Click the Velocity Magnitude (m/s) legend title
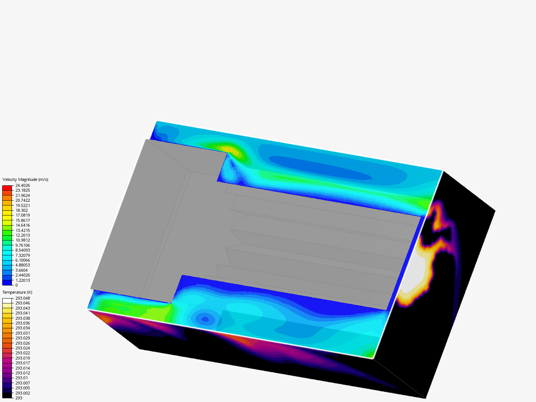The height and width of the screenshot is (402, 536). click(x=25, y=179)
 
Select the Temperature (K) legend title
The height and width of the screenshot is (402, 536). click(x=17, y=292)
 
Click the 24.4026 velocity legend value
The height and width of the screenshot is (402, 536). click(x=22, y=185)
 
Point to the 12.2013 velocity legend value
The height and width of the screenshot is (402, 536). click(x=22, y=235)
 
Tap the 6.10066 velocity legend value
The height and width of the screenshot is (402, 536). click(x=22, y=260)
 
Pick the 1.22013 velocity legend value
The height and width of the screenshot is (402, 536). click(x=22, y=280)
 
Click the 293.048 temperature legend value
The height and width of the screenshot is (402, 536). click(x=22, y=298)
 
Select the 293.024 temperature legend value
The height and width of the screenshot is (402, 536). click(x=22, y=348)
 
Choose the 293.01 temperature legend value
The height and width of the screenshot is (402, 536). click(x=21, y=378)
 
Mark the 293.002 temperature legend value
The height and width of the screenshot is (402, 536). click(x=22, y=393)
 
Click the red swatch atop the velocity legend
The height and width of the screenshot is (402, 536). click(x=7, y=188)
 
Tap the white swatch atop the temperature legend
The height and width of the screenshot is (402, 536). click(x=7, y=301)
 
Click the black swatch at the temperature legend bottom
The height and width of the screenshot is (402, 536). click(x=7, y=396)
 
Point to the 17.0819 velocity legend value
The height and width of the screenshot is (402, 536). click(x=22, y=215)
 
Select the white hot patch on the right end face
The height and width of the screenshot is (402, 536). click(x=415, y=274)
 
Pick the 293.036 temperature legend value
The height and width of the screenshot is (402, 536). click(x=22, y=323)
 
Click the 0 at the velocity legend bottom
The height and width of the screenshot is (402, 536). click(x=16, y=285)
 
